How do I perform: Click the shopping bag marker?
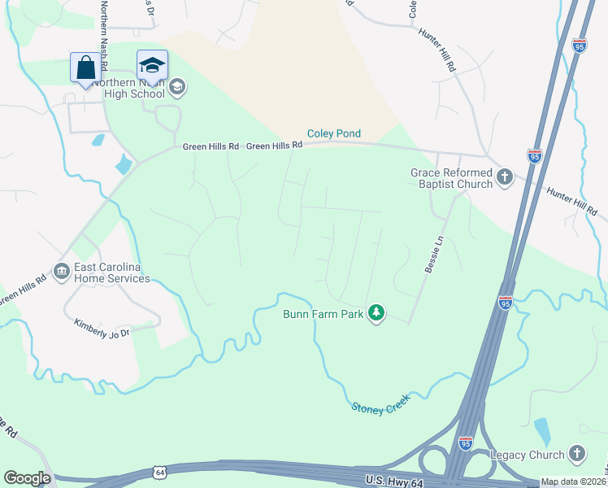[x=85, y=68]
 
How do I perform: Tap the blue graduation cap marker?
[x=152, y=66]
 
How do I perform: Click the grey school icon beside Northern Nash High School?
[x=178, y=86]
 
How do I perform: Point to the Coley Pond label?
[x=333, y=133]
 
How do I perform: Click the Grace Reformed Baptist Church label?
[x=451, y=178]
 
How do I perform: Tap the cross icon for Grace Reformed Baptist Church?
[x=504, y=177]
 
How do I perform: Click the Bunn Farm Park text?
[x=323, y=313]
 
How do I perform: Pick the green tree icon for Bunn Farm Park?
[x=376, y=312]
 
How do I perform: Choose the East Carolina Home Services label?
[x=112, y=272]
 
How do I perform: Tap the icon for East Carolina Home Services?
[x=61, y=272]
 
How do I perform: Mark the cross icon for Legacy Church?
[x=576, y=453]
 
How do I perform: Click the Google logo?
[x=27, y=478]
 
